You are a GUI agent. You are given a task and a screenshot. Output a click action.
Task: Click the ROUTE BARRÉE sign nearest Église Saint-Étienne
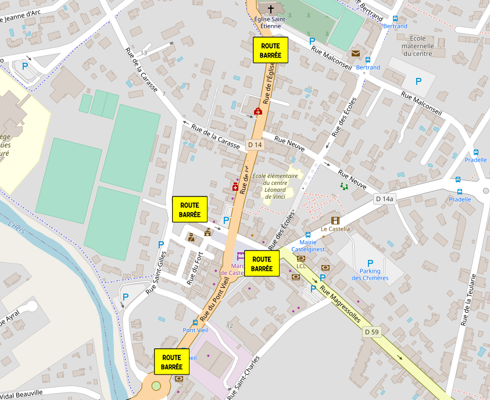271,50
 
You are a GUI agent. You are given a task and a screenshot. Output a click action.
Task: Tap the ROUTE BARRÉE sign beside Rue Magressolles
262,263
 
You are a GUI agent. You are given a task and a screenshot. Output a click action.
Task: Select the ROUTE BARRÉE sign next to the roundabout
171,361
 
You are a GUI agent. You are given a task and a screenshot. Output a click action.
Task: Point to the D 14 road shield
255,144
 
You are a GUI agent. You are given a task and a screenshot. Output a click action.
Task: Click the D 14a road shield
384,199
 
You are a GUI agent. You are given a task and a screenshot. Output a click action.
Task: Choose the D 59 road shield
372,332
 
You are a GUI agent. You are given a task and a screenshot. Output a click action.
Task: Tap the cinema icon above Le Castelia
335,220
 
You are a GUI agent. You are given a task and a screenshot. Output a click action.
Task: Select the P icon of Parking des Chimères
370,263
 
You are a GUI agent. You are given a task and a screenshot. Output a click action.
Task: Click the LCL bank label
301,266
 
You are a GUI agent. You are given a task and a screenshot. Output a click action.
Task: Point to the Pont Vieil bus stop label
195,330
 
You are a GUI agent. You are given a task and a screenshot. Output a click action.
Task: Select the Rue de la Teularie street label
468,299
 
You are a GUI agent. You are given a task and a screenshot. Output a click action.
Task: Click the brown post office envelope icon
355,54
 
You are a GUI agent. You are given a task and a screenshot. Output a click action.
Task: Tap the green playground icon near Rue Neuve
344,186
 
